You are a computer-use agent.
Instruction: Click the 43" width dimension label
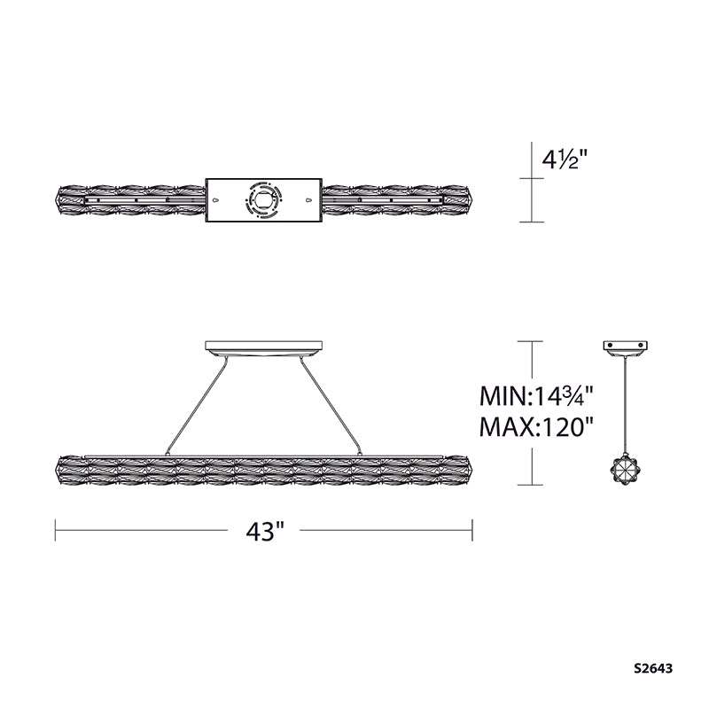(265, 531)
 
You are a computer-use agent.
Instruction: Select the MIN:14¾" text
(536, 396)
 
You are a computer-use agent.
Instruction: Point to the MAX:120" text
(536, 426)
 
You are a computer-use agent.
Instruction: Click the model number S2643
(653, 668)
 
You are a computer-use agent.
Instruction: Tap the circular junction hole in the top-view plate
(263, 200)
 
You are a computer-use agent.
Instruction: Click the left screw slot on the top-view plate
(215, 200)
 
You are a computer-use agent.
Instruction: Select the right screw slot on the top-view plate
(308, 200)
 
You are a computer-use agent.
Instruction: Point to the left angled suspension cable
(196, 406)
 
